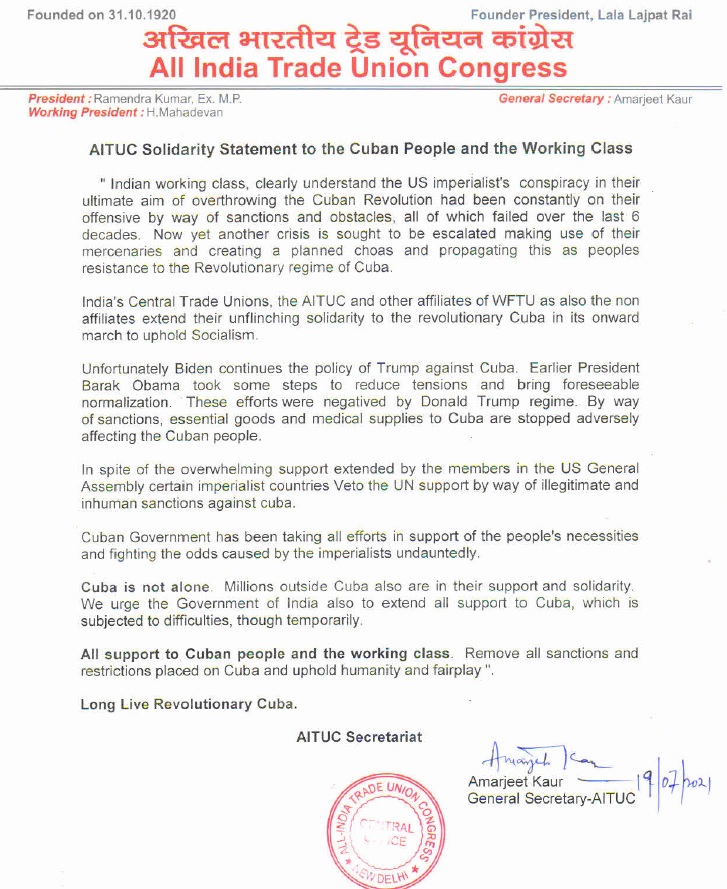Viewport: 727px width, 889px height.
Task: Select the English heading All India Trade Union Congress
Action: coord(358,69)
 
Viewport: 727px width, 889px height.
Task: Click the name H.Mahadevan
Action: coord(196,112)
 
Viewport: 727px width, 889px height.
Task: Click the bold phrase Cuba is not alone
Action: coord(146,585)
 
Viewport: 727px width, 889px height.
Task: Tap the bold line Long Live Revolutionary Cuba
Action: coord(188,704)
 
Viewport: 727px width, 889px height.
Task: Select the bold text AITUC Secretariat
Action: coord(359,737)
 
